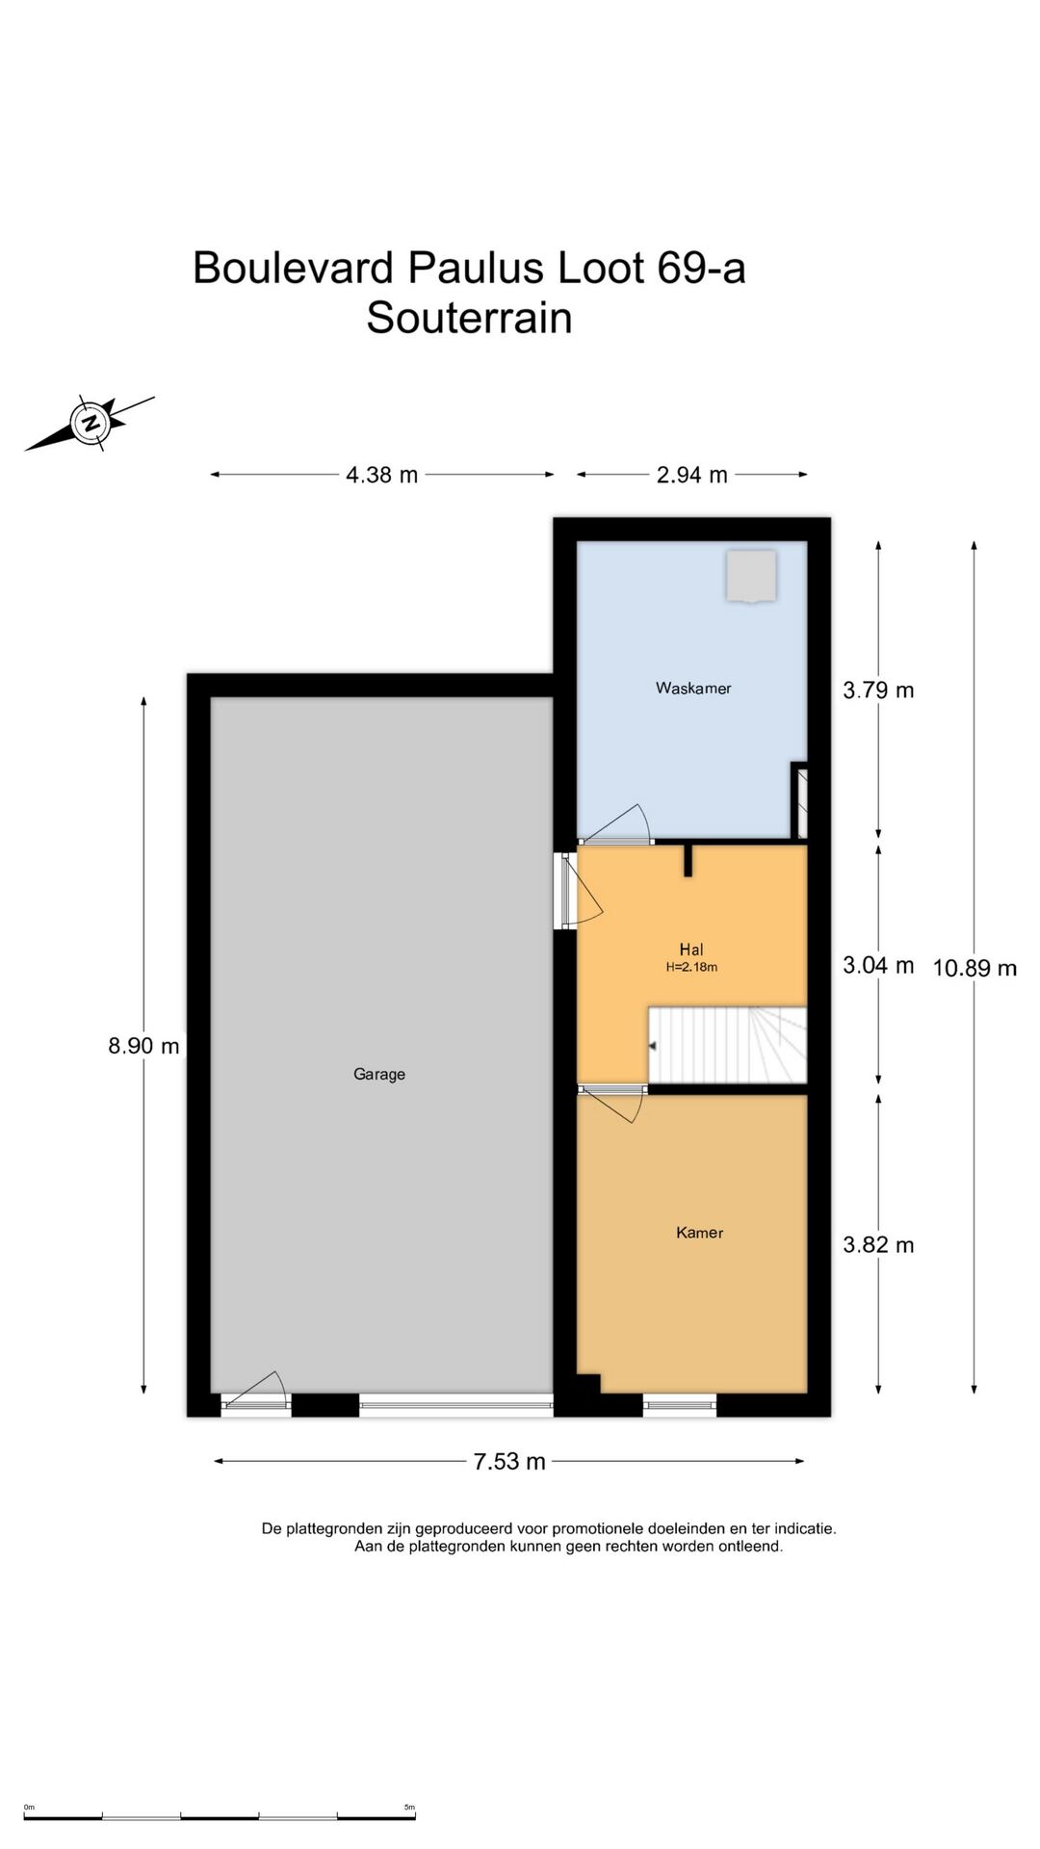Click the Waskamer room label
tap(693, 688)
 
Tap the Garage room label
tap(379, 1074)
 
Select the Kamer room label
tap(699, 1232)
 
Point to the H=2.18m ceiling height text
tap(691, 967)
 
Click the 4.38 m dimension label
tap(382, 475)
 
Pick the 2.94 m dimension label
tap(692, 475)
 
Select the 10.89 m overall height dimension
tap(975, 968)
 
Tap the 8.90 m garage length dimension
tap(143, 1046)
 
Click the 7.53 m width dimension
tap(509, 1461)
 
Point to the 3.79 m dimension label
tap(878, 690)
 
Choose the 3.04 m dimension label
tap(878, 965)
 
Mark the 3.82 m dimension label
tap(878, 1244)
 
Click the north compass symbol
tap(91, 423)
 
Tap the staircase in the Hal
tap(727, 1045)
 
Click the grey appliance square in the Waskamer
tap(751, 576)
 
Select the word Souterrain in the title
tap(469, 318)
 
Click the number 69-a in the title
tap(701, 268)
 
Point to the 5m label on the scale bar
tap(409, 1808)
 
